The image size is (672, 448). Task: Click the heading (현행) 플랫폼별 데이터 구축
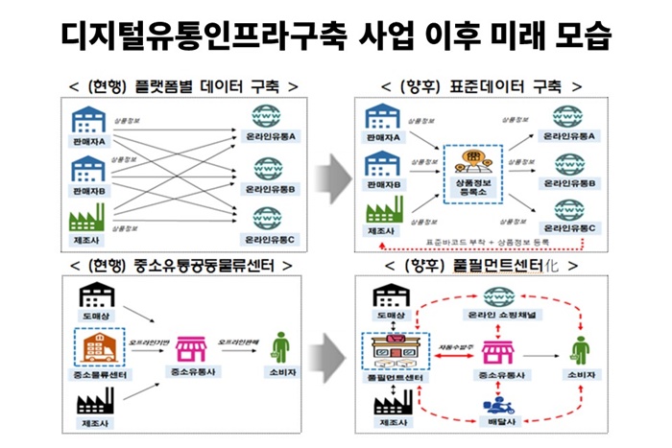(x=183, y=86)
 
